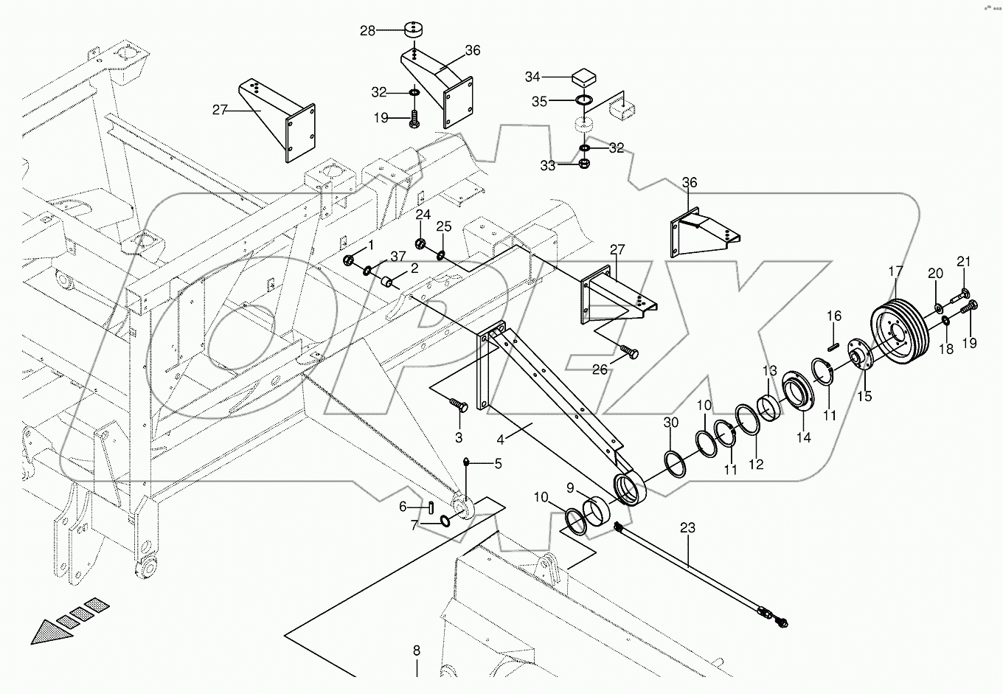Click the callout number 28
coord(367,31)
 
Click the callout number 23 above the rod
coord(687,528)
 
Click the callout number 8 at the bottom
coord(416,650)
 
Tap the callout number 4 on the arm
coord(500,440)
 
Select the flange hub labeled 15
coord(858,361)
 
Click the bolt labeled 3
coord(459,404)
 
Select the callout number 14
coord(803,437)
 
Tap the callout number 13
coord(769,369)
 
